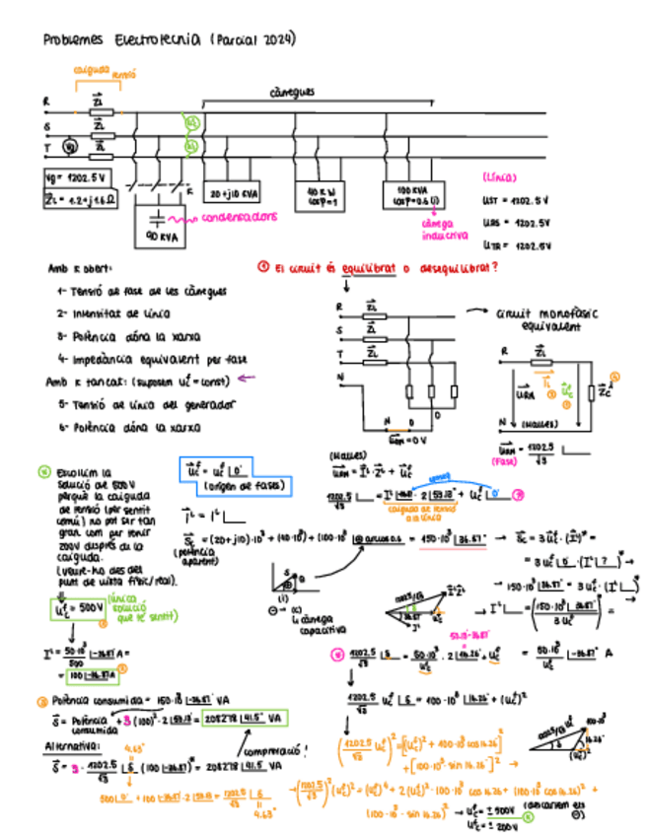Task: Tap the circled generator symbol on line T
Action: click(69, 149)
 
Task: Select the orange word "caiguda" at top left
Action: click(91, 70)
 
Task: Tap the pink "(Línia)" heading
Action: click(501, 178)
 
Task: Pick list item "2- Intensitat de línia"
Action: click(114, 313)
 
